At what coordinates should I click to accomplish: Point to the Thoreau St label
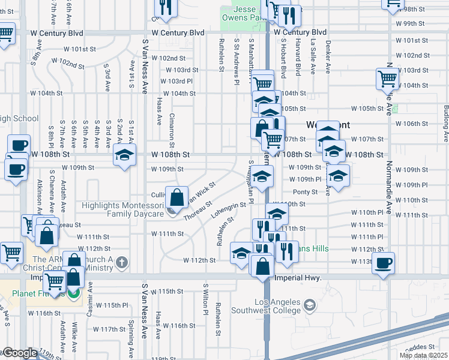click(198, 210)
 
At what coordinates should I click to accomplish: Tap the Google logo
click(20, 353)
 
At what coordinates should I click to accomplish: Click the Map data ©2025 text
click(423, 355)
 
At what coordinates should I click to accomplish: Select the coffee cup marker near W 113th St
click(384, 262)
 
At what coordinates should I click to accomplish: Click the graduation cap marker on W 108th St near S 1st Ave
click(124, 155)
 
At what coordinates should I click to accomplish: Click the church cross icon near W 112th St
click(122, 262)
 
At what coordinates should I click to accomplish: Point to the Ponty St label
click(305, 192)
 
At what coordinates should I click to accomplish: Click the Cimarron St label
click(172, 130)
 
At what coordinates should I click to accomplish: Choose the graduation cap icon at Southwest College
click(309, 305)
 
